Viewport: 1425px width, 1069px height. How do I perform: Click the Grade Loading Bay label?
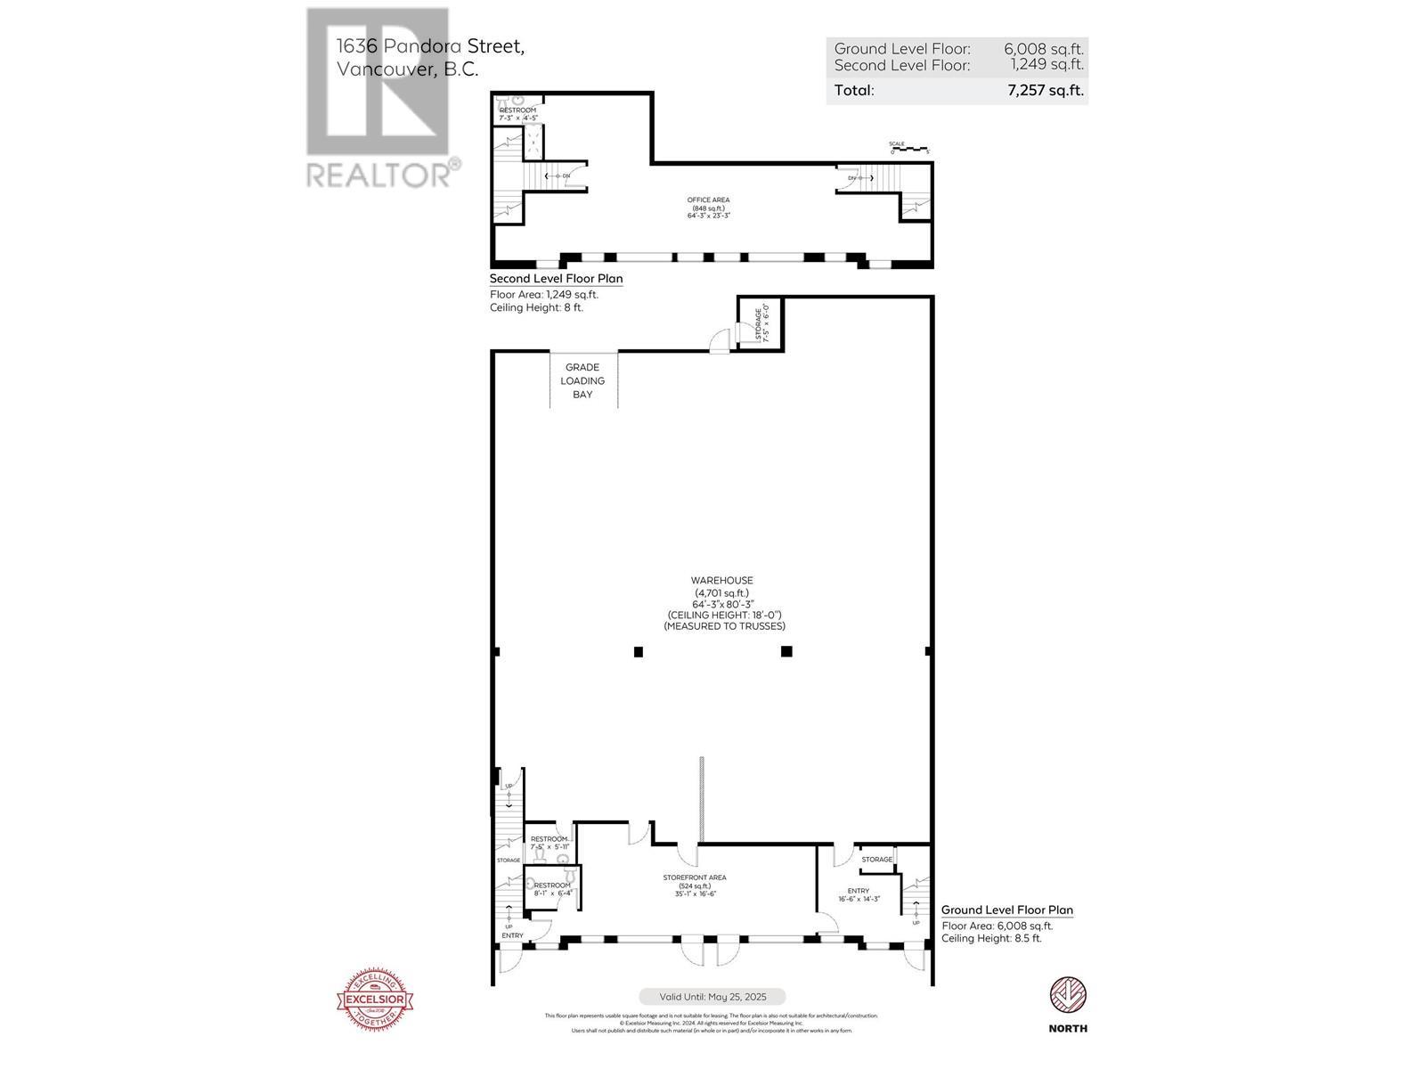point(582,380)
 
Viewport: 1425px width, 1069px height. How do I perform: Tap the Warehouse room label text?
point(723,581)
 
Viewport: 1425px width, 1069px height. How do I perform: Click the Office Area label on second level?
point(708,208)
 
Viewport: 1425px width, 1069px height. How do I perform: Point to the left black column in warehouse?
point(638,652)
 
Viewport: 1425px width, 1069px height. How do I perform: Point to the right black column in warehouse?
point(786,652)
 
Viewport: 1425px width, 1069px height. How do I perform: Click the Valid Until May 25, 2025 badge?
point(712,997)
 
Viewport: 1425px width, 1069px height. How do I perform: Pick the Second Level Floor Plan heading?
point(556,279)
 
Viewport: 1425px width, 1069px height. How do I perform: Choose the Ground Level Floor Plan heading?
point(1006,910)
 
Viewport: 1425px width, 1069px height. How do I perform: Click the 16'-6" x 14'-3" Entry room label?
point(859,895)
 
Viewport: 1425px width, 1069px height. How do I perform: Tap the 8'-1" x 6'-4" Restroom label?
point(552,889)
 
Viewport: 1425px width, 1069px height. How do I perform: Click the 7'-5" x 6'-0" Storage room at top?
point(761,324)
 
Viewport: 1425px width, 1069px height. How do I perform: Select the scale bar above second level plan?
point(908,149)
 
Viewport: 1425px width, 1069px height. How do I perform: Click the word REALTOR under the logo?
point(378,175)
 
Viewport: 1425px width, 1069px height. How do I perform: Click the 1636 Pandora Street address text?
point(430,46)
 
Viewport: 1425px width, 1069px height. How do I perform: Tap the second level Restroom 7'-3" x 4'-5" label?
point(517,114)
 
